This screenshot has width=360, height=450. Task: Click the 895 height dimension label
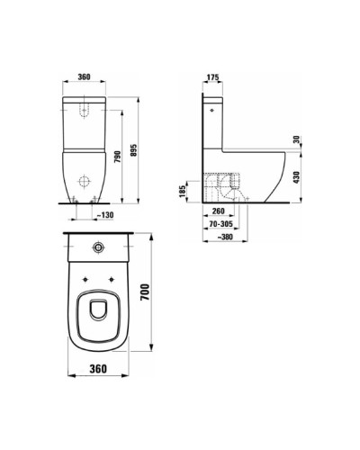[134, 149]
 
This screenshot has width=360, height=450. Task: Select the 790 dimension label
[118, 157]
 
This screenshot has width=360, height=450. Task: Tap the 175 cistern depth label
[213, 77]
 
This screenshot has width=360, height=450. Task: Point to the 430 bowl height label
[297, 177]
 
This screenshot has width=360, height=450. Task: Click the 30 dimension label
[297, 139]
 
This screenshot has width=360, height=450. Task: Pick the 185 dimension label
[183, 192]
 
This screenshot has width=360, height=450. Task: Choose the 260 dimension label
[218, 211]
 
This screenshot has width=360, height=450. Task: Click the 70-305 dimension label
[220, 224]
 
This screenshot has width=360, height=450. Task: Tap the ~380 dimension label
[225, 237]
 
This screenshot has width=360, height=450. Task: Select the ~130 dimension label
[105, 215]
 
